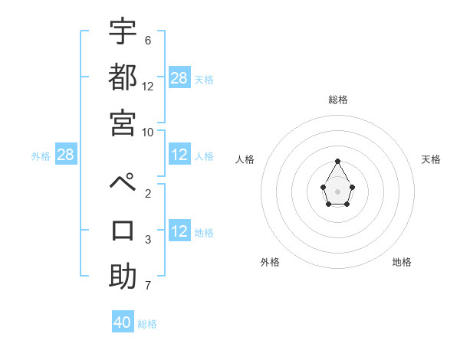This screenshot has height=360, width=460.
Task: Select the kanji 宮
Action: (x=123, y=122)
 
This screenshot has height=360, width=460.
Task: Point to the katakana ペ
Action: (x=123, y=185)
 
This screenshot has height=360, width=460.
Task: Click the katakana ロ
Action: (x=123, y=230)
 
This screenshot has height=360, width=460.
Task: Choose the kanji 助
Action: (x=123, y=276)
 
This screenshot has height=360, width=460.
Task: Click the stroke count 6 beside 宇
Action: (x=148, y=40)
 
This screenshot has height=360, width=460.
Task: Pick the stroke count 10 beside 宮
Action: (x=148, y=132)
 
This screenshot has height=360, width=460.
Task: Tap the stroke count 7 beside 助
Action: (x=148, y=286)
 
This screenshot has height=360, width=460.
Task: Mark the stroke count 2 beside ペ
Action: (x=148, y=194)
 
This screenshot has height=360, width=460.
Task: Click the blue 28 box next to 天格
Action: (x=179, y=77)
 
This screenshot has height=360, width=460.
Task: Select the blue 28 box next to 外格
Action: (x=66, y=155)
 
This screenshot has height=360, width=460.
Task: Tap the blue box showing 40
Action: (x=123, y=322)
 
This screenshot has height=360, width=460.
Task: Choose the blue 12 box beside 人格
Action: (x=179, y=155)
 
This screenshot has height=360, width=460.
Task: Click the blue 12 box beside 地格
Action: (x=179, y=232)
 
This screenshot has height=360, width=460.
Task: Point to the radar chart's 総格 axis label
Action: (x=338, y=100)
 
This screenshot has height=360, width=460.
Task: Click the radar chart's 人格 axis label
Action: (x=245, y=159)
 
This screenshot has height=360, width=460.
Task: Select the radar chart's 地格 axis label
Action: (x=402, y=262)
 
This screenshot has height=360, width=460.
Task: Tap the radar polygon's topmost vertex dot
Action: (x=338, y=161)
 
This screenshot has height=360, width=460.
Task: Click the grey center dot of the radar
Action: (x=338, y=191)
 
